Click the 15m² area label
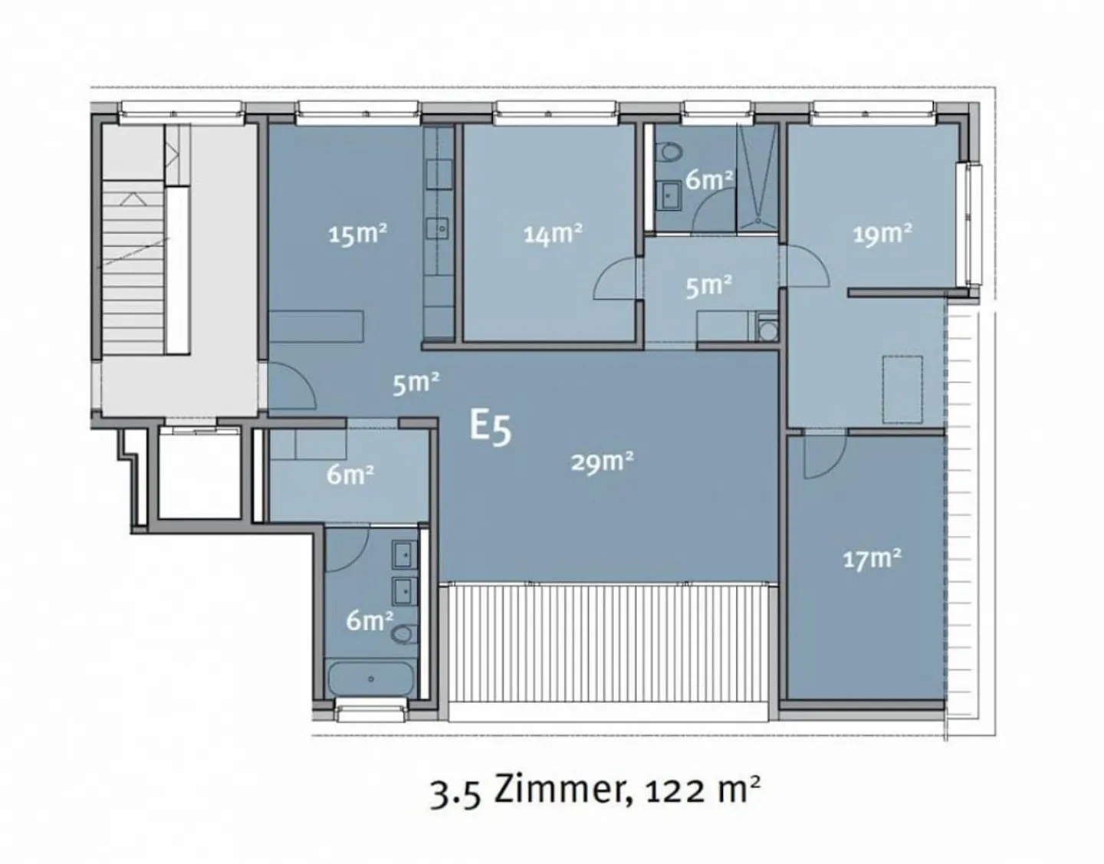356,233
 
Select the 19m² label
882,232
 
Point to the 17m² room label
872,559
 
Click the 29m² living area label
602,462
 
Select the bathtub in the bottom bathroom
371,678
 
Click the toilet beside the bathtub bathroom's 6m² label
403,635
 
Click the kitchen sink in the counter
439,228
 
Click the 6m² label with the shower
708,179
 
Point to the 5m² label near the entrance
416,382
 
